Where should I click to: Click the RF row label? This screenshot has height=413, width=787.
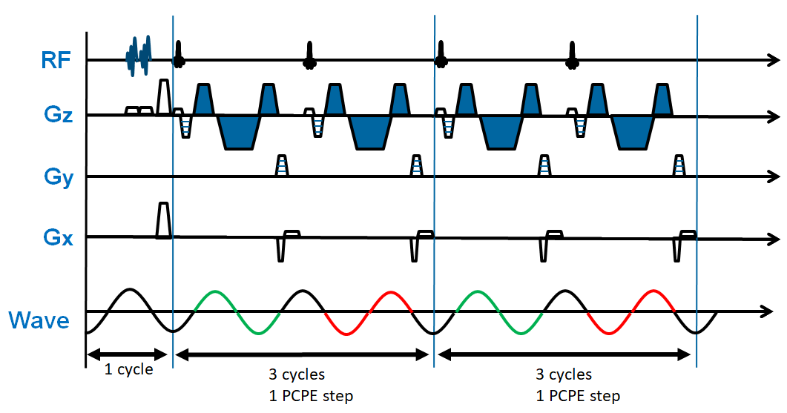[56, 60]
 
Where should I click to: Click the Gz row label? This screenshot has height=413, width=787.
[56, 117]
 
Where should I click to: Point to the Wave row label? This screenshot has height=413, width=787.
[39, 320]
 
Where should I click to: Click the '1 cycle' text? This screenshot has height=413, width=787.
[128, 369]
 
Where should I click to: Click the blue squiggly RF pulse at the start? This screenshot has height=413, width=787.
[138, 55]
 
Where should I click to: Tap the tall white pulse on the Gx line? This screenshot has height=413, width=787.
[164, 220]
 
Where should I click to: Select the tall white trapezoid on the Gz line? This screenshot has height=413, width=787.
[164, 95]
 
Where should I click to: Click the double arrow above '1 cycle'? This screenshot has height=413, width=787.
[129, 354]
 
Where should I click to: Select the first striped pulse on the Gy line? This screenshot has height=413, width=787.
[282, 165]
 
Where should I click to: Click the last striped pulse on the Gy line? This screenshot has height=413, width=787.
[679, 165]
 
